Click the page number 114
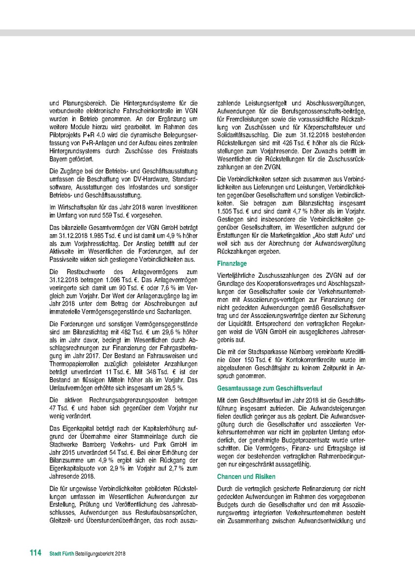point(35,553)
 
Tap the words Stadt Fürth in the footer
point(62,553)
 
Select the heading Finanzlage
point(232,263)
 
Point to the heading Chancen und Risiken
point(246,476)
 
